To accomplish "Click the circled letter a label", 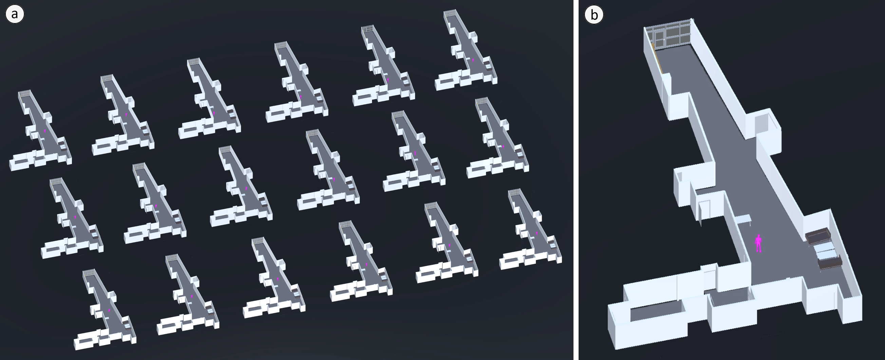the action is coord(15,15).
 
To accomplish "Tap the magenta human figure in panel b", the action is coord(758,244).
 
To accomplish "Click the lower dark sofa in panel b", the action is coord(830,264).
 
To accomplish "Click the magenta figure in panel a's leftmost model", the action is coord(45,131).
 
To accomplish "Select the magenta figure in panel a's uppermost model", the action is coord(473,60).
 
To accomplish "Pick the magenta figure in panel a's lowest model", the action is coord(109,310).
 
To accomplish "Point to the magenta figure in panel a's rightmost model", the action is coord(537,233).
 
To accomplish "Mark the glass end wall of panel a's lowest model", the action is coord(89,272).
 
